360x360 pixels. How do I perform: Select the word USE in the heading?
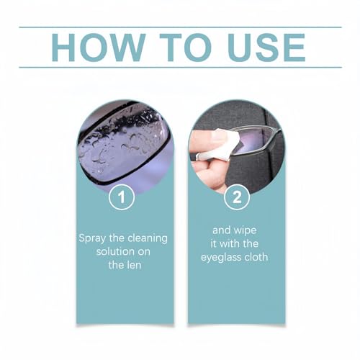pos(264,47)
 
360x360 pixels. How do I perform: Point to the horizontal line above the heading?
pos(180,27)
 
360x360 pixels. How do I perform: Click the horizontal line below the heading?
pos(180,67)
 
